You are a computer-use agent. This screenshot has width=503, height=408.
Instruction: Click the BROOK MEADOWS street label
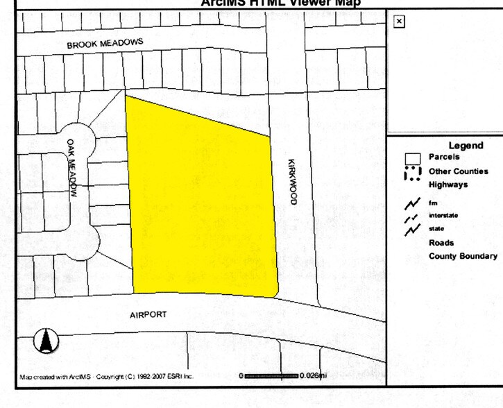click(105, 43)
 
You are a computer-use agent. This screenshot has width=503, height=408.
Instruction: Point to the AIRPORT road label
click(148, 314)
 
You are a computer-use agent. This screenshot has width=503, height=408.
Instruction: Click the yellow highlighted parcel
click(201, 201)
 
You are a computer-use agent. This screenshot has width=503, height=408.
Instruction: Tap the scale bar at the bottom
click(271, 375)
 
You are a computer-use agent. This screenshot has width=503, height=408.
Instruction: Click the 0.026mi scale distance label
click(313, 375)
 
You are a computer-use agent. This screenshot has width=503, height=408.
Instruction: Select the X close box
click(398, 22)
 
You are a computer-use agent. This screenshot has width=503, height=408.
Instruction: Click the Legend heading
click(466, 145)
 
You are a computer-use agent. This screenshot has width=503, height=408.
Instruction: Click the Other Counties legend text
click(458, 171)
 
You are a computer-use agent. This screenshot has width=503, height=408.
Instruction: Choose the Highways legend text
click(448, 185)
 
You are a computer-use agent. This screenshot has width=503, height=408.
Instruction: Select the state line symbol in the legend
click(413, 229)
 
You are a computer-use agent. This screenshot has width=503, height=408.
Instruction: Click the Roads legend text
click(441, 243)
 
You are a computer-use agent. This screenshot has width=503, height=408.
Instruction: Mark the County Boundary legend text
click(463, 256)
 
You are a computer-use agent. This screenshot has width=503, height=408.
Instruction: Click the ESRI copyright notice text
click(106, 377)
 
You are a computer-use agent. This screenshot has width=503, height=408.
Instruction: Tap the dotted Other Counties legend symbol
click(412, 173)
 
